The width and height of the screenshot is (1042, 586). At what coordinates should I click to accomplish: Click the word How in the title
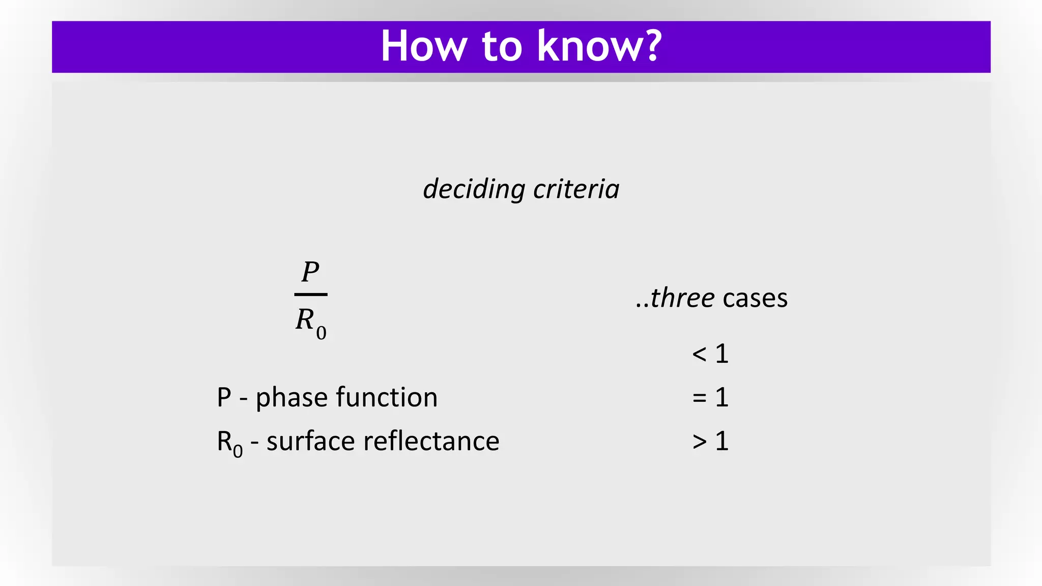point(423,46)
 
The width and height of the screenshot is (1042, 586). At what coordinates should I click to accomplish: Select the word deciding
point(474,189)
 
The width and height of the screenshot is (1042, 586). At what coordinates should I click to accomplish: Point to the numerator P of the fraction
point(310,272)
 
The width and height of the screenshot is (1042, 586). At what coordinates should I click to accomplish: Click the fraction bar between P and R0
point(311,295)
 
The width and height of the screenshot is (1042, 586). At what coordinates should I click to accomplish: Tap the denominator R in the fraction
point(305,320)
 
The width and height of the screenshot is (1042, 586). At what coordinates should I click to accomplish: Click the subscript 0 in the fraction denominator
point(321,333)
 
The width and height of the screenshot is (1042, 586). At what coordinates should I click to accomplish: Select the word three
point(682,298)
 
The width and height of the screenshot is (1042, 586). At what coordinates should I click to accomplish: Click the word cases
point(755,298)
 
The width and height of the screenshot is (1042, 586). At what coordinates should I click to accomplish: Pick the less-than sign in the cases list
point(700,354)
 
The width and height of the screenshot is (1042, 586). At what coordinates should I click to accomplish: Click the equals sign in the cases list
point(700,398)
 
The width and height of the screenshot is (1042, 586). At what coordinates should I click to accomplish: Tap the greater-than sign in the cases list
point(700,442)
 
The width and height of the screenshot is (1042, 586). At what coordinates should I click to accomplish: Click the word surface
point(311,441)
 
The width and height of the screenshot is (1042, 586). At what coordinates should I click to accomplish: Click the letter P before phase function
point(224,398)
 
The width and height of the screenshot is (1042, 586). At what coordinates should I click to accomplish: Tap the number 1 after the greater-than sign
point(722,441)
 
